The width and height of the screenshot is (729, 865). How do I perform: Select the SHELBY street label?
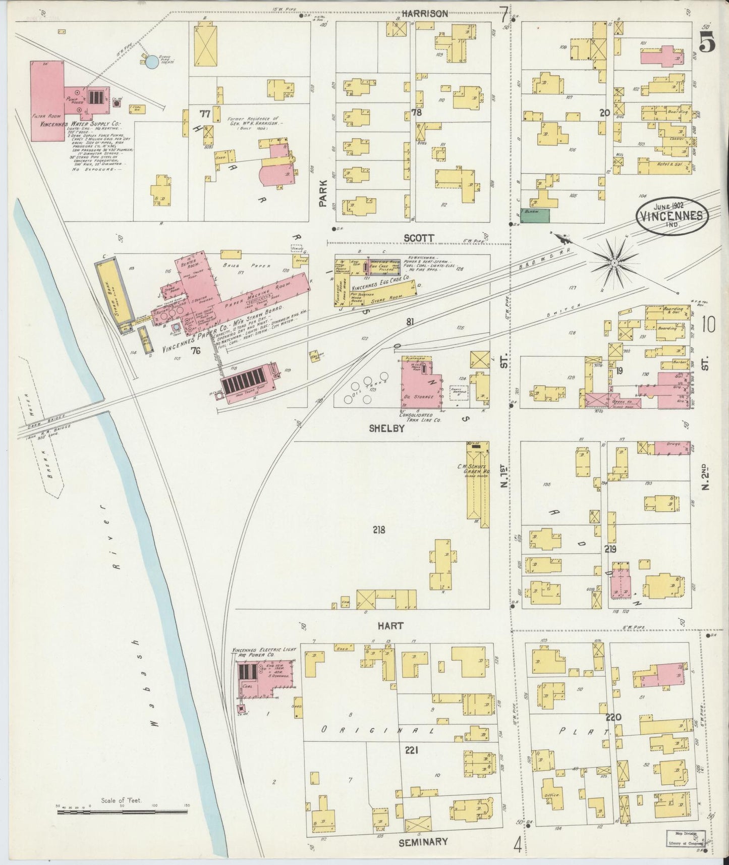(387, 428)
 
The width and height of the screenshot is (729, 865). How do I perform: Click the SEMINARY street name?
(423, 842)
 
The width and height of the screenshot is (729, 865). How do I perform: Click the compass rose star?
(614, 263)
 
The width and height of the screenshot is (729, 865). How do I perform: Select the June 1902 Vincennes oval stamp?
(672, 215)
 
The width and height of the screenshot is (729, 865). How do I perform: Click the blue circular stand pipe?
(151, 63)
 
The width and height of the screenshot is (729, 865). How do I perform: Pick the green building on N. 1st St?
(535, 215)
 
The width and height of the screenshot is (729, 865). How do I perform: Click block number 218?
(379, 530)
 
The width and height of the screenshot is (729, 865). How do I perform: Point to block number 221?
(411, 750)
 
